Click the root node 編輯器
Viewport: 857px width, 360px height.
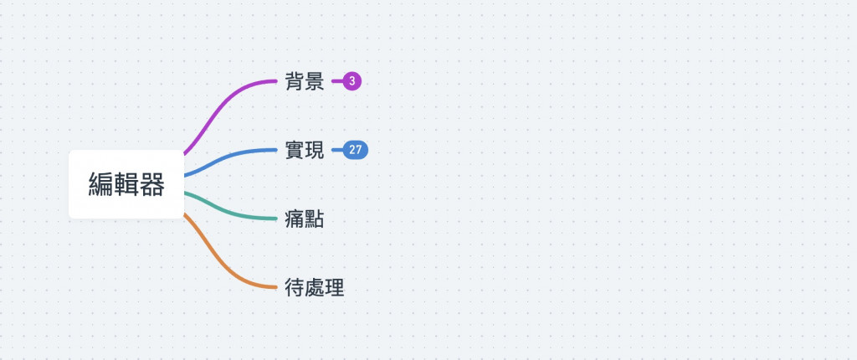tap(126, 184)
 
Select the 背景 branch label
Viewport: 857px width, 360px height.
tap(304, 81)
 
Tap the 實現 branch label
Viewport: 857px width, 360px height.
tap(304, 151)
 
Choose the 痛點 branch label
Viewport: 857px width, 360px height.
tap(304, 219)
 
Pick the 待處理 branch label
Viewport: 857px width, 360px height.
tap(315, 288)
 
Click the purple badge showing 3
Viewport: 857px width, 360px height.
tap(352, 81)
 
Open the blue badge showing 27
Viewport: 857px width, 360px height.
tap(356, 151)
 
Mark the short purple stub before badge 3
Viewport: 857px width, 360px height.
tap(336, 81)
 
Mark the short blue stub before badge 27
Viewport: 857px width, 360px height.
tap(336, 151)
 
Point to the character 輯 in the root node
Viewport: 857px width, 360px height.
tap(126, 184)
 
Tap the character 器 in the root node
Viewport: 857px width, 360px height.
tap(151, 184)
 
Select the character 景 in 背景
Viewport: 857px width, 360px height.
tap(314, 81)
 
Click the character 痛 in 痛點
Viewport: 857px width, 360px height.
tap(294, 219)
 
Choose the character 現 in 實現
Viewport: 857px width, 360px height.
tap(314, 151)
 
